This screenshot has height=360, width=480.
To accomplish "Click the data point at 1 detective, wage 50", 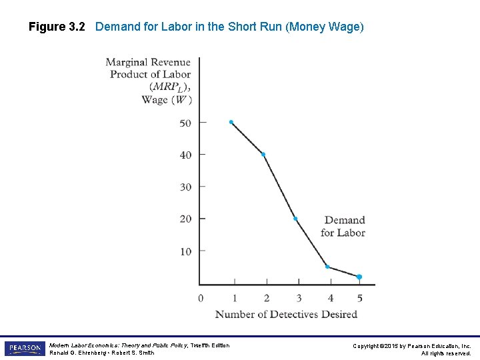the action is point(231,122).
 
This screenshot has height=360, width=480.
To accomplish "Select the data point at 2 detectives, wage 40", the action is point(263,155).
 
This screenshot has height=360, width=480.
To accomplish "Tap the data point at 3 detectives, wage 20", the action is point(295,219).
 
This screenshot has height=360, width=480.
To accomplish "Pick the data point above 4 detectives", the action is point(327,267).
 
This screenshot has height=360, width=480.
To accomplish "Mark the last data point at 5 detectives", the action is point(359,277).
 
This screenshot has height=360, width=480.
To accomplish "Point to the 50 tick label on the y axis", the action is point(185,123).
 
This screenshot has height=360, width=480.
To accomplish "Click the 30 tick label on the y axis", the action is point(185,187).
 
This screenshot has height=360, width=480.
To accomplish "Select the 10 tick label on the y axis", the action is point(186,251).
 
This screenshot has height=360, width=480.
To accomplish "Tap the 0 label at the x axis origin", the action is point(201,298).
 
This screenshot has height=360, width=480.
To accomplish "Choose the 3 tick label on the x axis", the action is point(299,298).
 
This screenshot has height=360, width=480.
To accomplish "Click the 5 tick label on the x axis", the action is point(360,298).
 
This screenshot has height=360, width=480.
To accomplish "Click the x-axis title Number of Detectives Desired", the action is point(286,314).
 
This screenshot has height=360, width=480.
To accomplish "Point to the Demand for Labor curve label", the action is point(343,226).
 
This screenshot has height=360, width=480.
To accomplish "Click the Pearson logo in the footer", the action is point(25,348).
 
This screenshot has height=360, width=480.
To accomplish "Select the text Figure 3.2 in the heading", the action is point(57,27).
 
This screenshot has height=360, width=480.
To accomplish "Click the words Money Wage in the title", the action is point(325,27).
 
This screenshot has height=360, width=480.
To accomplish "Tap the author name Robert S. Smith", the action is point(133,353).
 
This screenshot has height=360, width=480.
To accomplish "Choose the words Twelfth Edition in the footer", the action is point(210,345).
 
